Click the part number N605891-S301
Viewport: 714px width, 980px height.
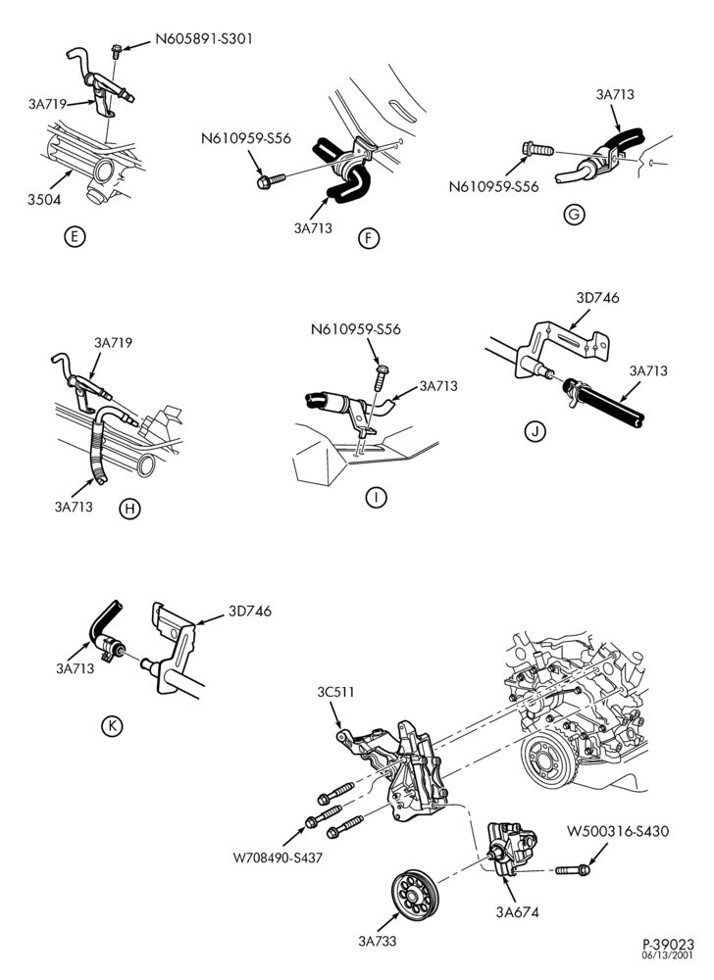pyautogui.click(x=204, y=39)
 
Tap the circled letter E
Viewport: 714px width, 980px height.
pyautogui.click(x=75, y=237)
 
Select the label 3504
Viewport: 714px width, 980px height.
pyautogui.click(x=44, y=200)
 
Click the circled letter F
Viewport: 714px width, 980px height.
pyautogui.click(x=370, y=238)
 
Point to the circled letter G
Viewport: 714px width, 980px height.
pyautogui.click(x=574, y=215)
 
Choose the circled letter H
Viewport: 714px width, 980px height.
pyautogui.click(x=129, y=509)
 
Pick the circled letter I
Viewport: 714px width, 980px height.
pyautogui.click(x=376, y=498)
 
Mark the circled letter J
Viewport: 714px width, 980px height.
pyautogui.click(x=535, y=431)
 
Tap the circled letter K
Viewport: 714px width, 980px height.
pyautogui.click(x=112, y=725)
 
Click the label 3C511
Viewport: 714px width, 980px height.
pyautogui.click(x=335, y=692)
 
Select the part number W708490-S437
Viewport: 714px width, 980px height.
pyautogui.click(x=278, y=858)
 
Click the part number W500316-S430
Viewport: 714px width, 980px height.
pyautogui.click(x=618, y=832)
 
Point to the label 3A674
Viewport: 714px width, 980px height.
pyautogui.click(x=517, y=911)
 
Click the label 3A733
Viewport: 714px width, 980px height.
pyautogui.click(x=378, y=941)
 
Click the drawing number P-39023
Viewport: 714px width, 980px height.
pyautogui.click(x=668, y=945)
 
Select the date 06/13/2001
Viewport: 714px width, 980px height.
pyautogui.click(x=668, y=955)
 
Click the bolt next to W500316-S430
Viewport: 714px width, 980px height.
pyautogui.click(x=572, y=869)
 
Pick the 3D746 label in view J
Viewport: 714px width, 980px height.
pyautogui.click(x=597, y=298)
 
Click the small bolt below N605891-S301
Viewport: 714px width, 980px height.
pyautogui.click(x=117, y=51)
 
